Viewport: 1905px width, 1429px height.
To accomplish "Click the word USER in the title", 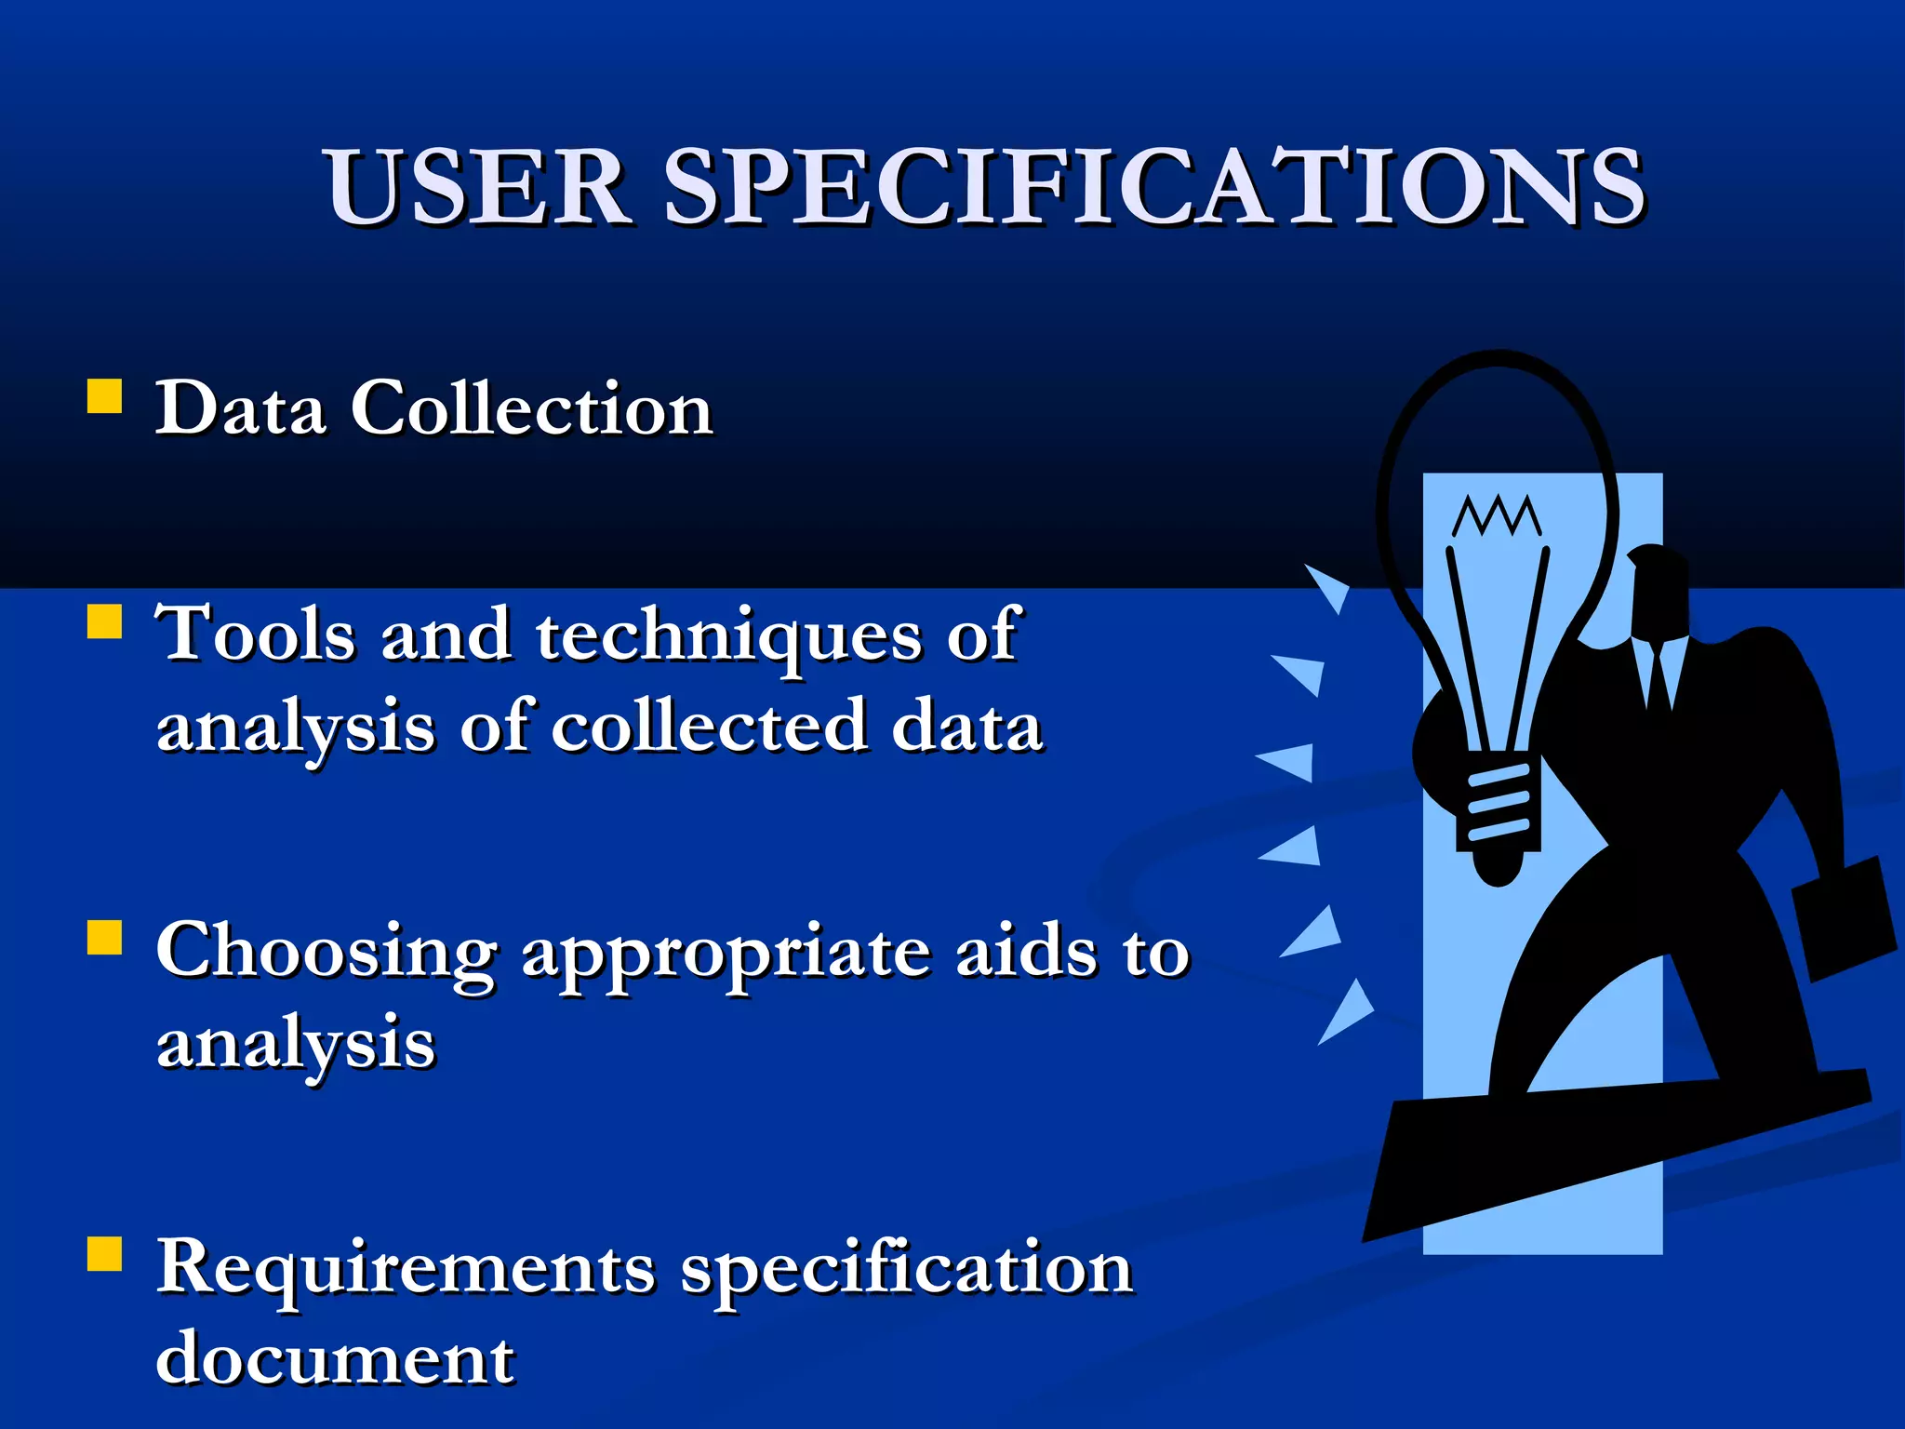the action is [x=476, y=188].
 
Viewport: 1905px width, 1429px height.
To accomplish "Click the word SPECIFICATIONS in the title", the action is [x=1153, y=188].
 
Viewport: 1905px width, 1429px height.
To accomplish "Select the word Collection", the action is [x=531, y=409].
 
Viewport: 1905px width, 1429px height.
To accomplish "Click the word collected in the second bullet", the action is [x=709, y=728].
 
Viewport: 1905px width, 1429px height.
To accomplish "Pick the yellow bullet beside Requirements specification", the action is [x=104, y=1253].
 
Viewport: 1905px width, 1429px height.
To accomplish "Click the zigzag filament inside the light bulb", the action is [x=1497, y=516].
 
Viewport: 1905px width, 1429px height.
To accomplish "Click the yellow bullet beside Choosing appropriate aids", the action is [x=104, y=938].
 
